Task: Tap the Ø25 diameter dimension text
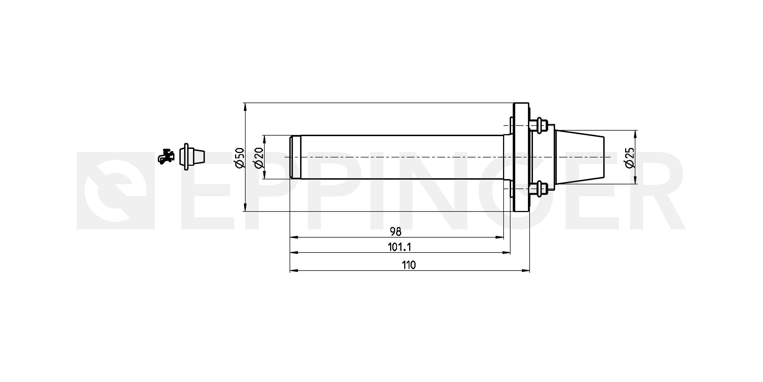[x=630, y=157]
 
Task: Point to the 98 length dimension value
[x=395, y=232]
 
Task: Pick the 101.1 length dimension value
[x=399, y=247]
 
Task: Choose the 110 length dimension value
[x=409, y=265]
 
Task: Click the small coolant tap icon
[x=166, y=156]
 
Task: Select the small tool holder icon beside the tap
[x=192, y=157]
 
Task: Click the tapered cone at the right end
[x=579, y=157]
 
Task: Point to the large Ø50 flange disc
[x=521, y=157]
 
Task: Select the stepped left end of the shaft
[x=295, y=157]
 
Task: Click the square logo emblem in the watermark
[x=115, y=191]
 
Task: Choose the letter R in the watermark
[x=654, y=191]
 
